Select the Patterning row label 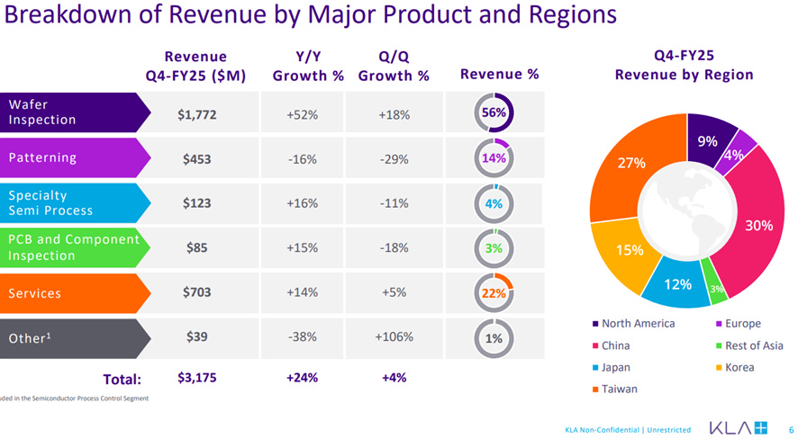[68, 158]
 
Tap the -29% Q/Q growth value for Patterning [394, 159]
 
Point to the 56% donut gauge [494, 113]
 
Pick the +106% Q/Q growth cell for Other [394, 337]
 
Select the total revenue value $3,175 [197, 378]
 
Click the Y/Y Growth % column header [308, 66]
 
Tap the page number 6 [791, 428]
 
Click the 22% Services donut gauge [494, 293]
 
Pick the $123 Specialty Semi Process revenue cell [197, 203]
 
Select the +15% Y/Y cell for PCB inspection [303, 248]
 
